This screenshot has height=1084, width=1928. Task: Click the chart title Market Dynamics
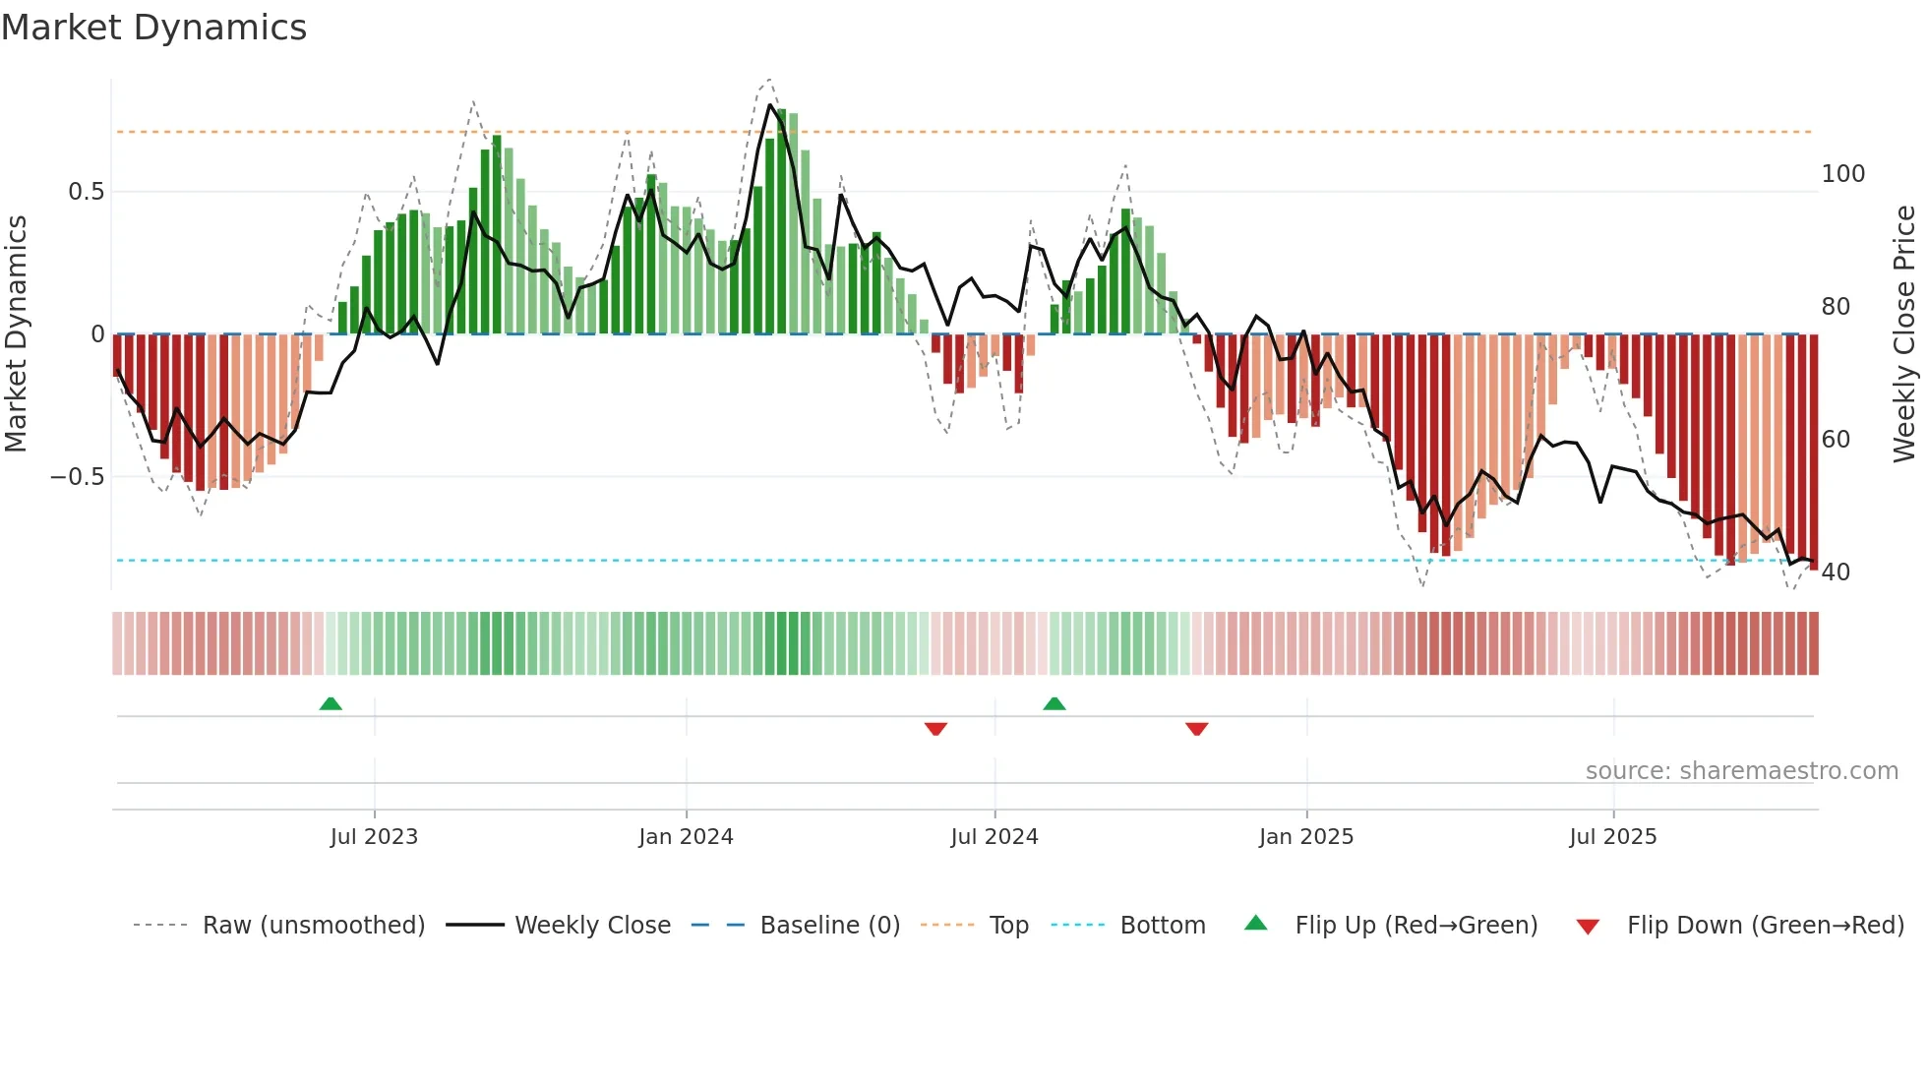coord(153,28)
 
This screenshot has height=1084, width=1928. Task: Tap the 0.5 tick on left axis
coord(86,192)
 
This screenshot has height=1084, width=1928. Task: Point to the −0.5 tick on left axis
coord(78,477)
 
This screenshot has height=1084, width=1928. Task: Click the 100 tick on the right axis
coord(1842,174)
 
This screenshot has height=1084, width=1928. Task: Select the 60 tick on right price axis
coord(1836,440)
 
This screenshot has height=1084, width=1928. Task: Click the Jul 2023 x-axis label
coord(374,837)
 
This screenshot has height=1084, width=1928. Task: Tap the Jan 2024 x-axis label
coord(686,837)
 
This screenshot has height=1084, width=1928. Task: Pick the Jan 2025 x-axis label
coord(1306,837)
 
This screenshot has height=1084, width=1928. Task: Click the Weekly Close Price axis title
coord(1904,334)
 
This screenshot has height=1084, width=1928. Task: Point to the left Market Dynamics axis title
coord(16,334)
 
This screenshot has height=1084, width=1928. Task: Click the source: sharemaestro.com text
coord(1741,771)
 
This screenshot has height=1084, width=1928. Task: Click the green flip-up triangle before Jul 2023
coord(331,703)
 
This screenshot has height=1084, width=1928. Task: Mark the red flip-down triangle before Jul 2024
coord(935,729)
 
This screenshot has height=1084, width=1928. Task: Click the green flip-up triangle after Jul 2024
coord(1054,703)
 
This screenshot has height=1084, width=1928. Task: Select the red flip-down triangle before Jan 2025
coord(1196,729)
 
